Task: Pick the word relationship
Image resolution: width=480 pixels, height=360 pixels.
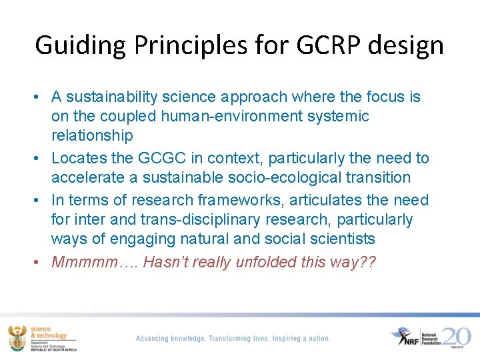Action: click(92, 135)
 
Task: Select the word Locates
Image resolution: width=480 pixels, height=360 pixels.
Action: click(76, 158)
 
